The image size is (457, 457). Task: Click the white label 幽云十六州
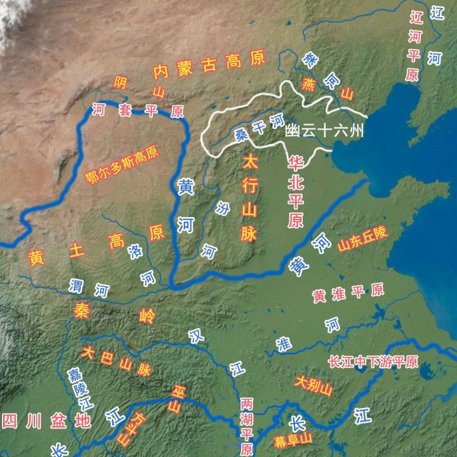[x=324, y=131]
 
